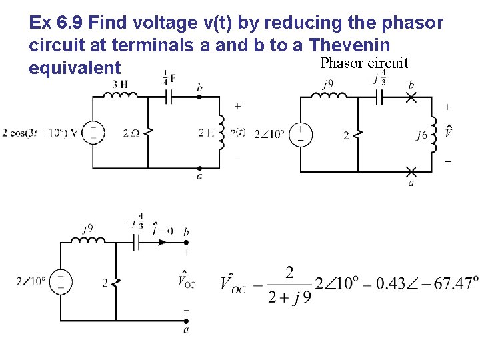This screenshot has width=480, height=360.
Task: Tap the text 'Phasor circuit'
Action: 364,63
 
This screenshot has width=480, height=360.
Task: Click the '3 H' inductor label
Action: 120,85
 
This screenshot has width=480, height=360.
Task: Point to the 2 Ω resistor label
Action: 131,133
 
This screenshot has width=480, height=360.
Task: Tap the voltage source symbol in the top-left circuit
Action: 93,132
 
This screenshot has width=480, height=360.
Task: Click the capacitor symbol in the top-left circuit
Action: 169,96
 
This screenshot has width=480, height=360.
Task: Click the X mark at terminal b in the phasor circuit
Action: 411,97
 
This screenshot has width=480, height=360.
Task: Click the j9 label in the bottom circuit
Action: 88,229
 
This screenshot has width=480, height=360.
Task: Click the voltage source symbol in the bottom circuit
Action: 61,281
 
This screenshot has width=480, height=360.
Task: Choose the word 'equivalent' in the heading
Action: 75,68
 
